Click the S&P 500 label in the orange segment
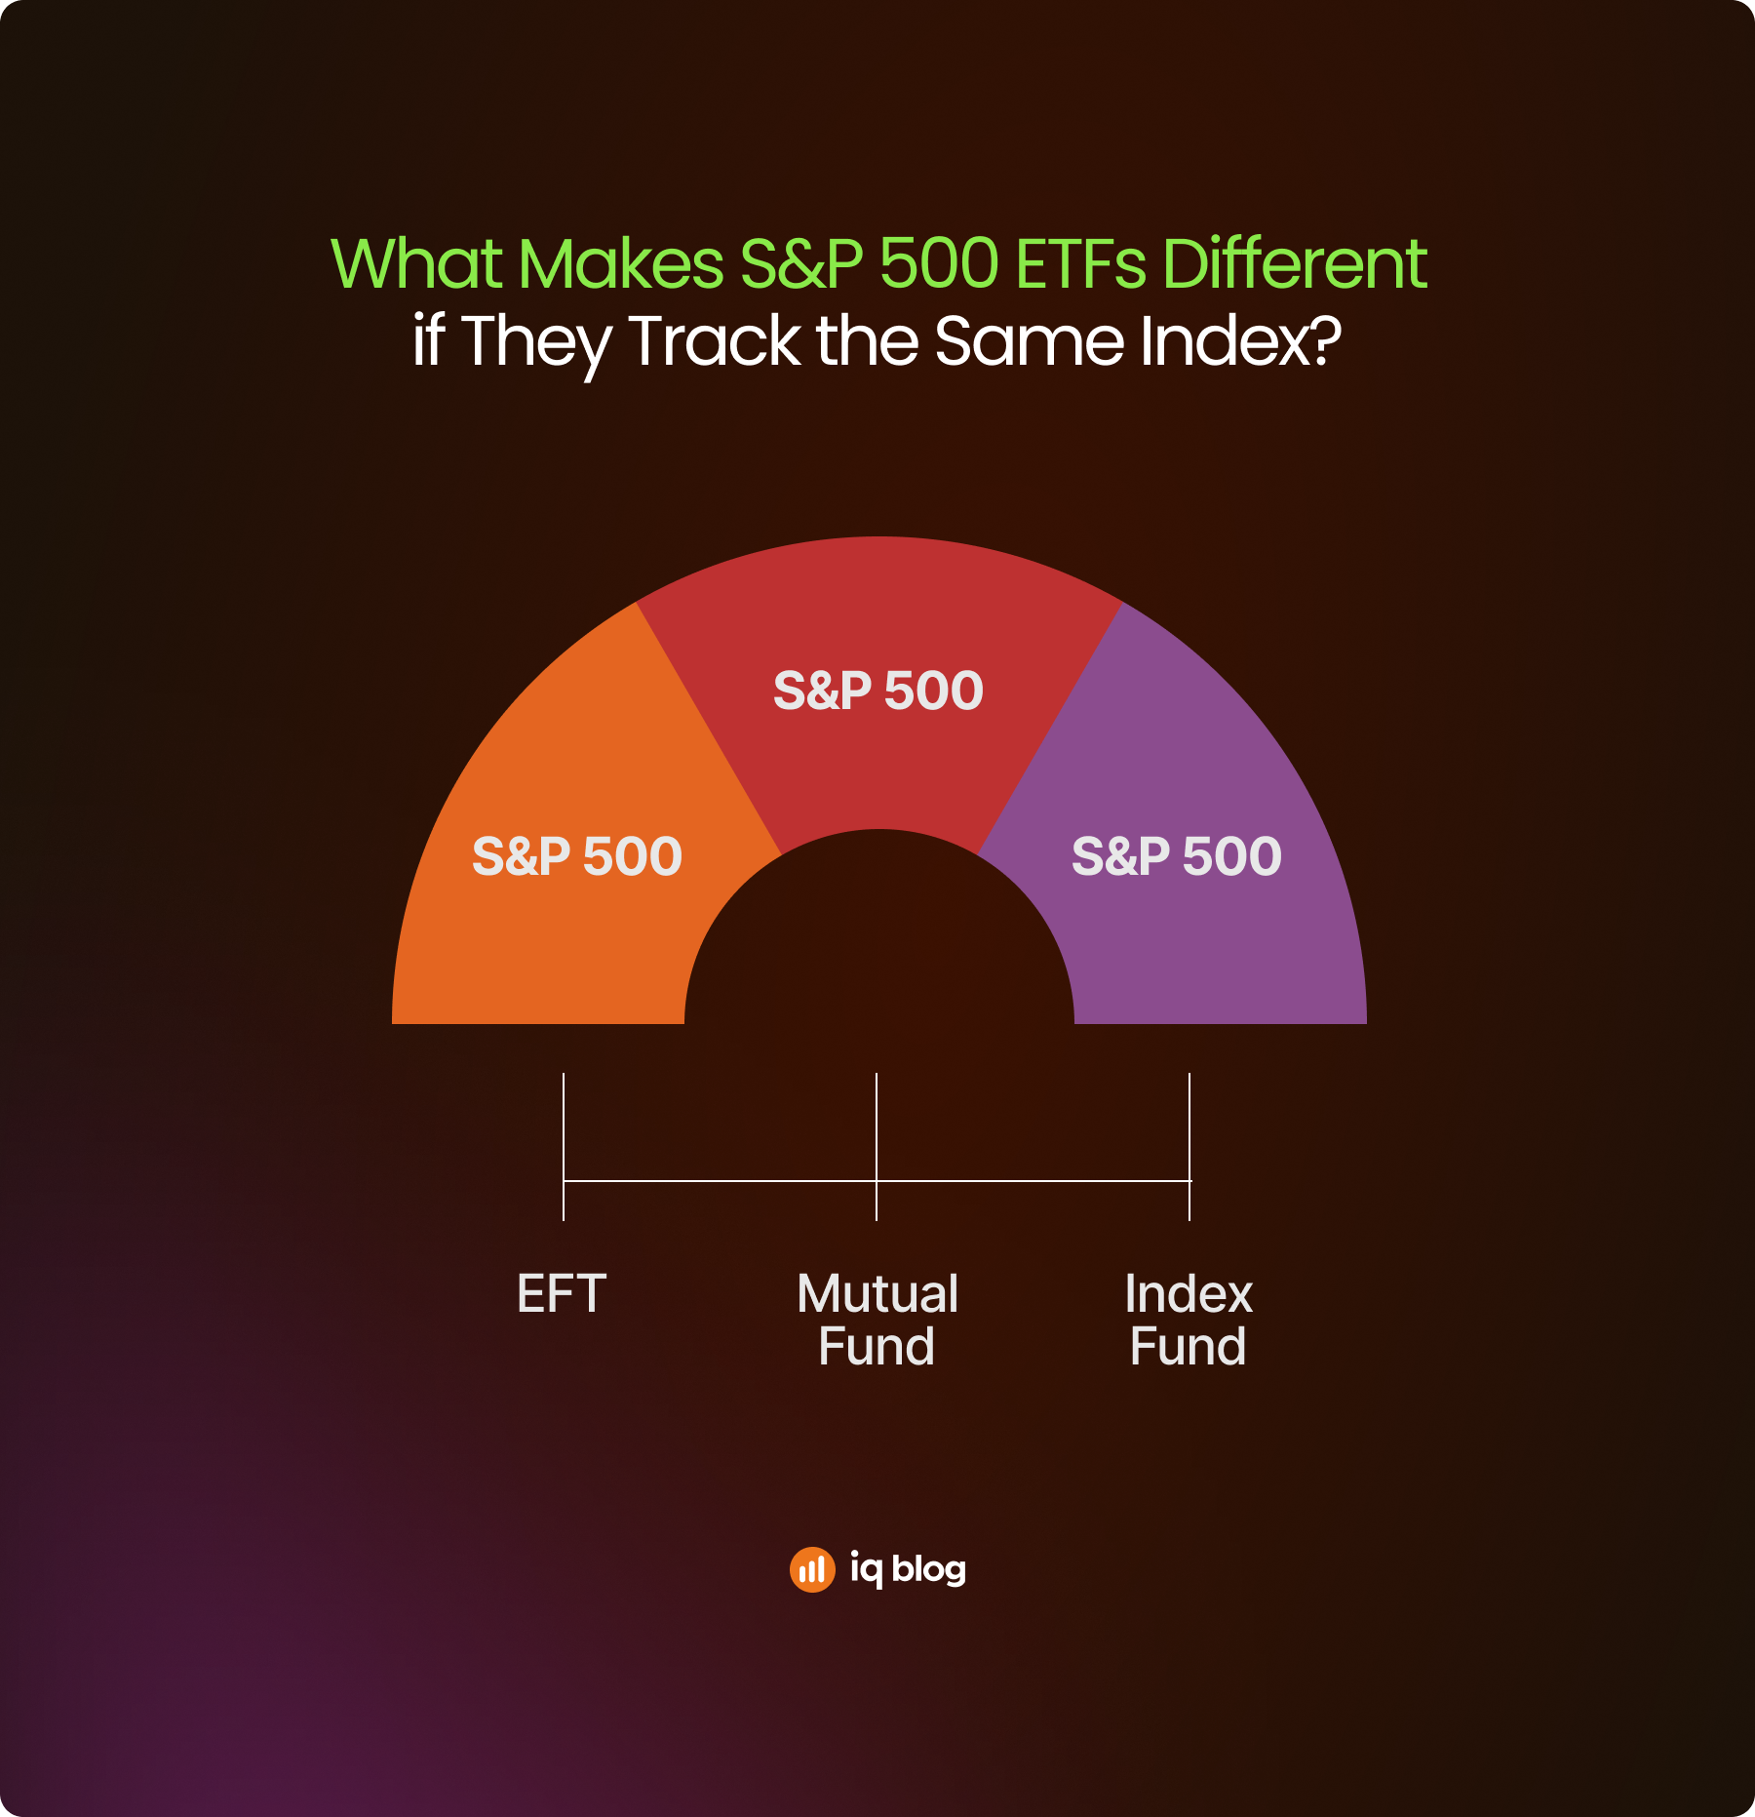click(577, 856)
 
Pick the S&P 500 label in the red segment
click(878, 691)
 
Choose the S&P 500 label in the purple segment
click(1177, 856)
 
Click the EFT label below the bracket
click(562, 1294)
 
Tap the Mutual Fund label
click(877, 1321)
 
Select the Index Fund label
click(1189, 1321)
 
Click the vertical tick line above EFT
click(564, 1147)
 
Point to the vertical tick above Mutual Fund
click(877, 1147)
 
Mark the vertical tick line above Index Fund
click(1189, 1147)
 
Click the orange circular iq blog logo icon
click(812, 1569)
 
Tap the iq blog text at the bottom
click(908, 1568)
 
